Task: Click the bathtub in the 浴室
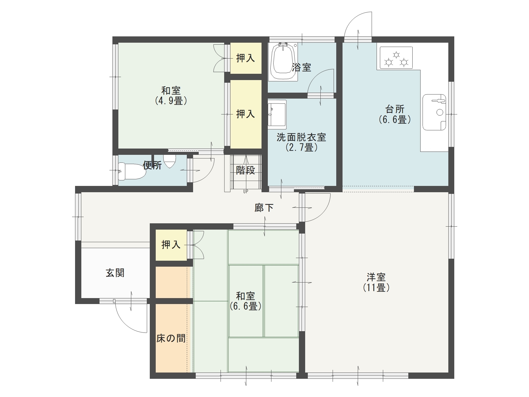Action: click(x=283, y=62)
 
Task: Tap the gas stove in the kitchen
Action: click(x=396, y=58)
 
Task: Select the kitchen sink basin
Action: click(x=434, y=112)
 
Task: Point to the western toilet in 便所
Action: click(x=131, y=171)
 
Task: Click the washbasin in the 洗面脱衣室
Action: click(x=277, y=114)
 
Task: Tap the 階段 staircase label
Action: click(x=245, y=170)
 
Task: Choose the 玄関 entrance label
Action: click(x=115, y=273)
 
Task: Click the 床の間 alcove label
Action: click(x=171, y=338)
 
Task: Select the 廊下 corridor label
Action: click(x=264, y=208)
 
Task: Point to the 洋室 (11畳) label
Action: click(x=376, y=282)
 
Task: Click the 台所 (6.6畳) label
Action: click(x=395, y=114)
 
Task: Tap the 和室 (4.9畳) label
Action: click(x=171, y=96)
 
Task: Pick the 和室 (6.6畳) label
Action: click(x=246, y=301)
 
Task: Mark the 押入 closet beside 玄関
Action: click(x=171, y=245)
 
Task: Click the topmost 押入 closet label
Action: click(x=245, y=58)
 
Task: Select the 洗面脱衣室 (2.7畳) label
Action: click(x=301, y=142)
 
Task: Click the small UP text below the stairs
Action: click(x=246, y=192)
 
